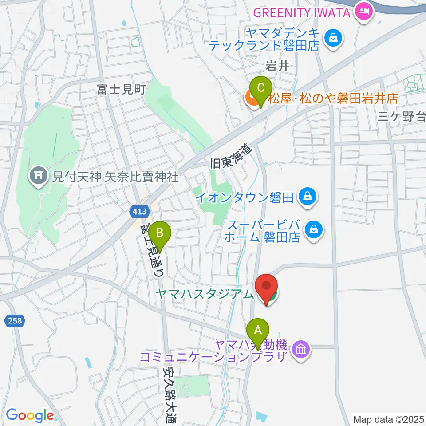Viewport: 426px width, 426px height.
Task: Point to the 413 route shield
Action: coord(139,212)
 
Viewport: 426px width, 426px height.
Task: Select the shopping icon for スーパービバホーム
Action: coord(314,229)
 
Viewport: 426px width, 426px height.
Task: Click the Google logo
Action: coord(30,415)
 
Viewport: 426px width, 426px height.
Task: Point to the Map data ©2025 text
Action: coord(388,418)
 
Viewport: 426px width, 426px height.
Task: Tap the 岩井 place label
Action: coord(277,67)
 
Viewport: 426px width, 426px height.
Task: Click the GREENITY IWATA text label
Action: coord(302,12)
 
